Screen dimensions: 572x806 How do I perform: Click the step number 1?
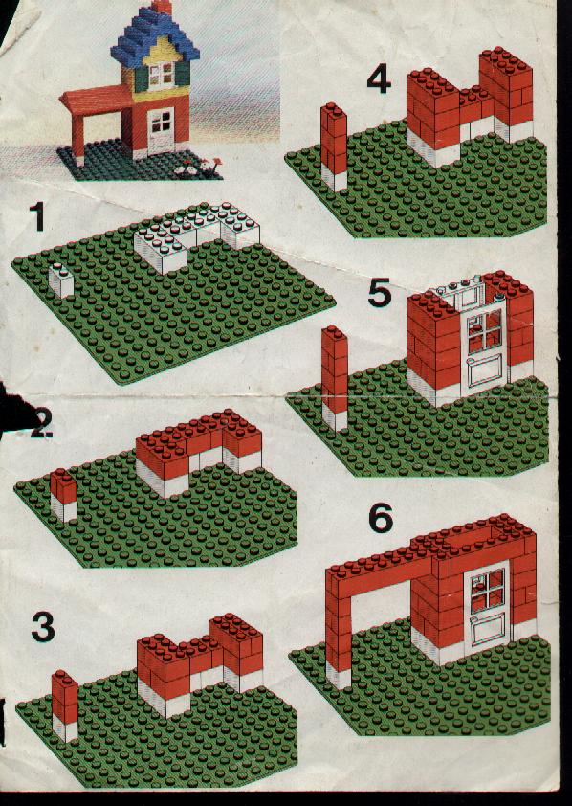point(37,216)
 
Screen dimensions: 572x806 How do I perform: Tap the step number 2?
point(40,425)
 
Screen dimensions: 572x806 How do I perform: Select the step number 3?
point(43,627)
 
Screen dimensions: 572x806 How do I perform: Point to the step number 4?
point(379,79)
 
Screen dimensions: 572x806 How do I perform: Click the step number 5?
point(380,293)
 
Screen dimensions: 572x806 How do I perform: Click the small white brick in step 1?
point(61,280)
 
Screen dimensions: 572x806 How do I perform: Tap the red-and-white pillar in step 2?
point(63,495)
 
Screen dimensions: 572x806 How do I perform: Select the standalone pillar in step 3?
point(65,705)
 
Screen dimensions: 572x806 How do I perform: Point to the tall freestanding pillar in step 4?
point(334,146)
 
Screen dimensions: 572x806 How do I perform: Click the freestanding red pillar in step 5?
point(335,378)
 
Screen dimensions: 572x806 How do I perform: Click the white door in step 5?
point(484,349)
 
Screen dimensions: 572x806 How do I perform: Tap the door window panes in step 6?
point(487,590)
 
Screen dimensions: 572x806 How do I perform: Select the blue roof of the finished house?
point(155,38)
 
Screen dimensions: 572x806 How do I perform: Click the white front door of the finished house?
point(161,131)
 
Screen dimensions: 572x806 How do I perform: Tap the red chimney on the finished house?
point(162,6)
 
